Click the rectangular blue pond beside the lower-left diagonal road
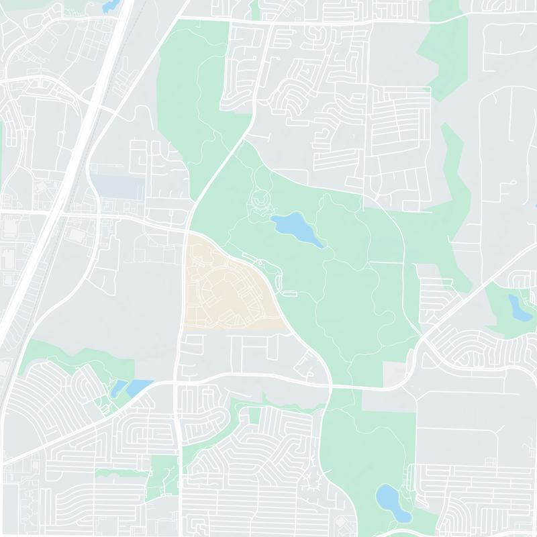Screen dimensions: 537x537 click(x=140, y=387)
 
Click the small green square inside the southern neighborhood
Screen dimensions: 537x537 click(x=254, y=416)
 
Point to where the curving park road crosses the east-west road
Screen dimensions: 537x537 click(x=330, y=386)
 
